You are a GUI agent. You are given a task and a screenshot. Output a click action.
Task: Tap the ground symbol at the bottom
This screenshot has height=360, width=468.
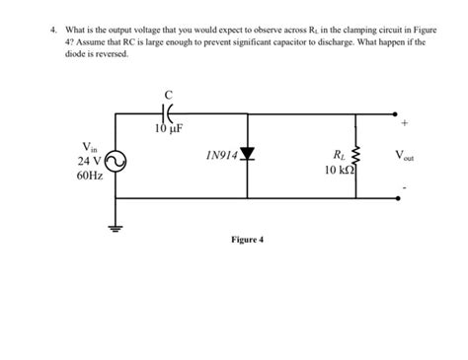(117, 223)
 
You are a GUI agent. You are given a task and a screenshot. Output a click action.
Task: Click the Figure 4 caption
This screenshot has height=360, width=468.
(247, 240)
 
